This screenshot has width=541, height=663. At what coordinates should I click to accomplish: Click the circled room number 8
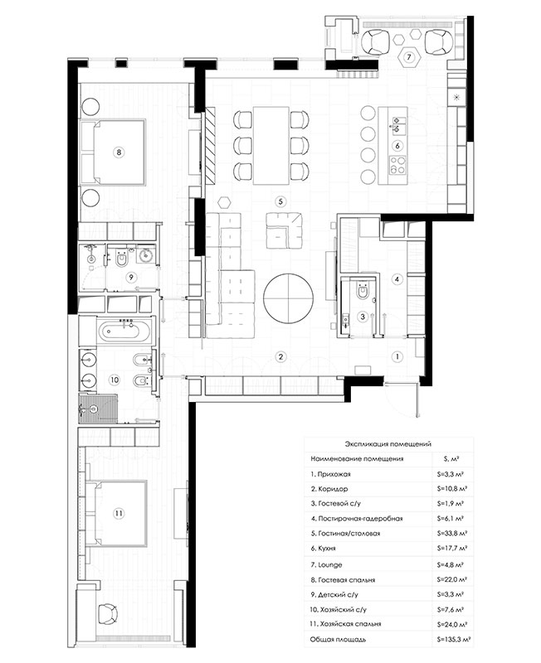(119, 152)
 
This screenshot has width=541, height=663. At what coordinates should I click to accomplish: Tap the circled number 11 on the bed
(119, 513)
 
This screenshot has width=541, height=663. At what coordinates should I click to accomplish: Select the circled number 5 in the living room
(280, 201)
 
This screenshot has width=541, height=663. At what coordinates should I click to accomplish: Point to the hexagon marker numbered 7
(409, 56)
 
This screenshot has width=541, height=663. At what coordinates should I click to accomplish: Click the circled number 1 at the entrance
(397, 356)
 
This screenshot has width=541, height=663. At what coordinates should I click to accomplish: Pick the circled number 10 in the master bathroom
(115, 380)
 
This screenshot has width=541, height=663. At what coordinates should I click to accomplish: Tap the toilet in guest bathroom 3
(363, 292)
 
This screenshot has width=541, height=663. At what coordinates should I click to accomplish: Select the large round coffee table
(288, 298)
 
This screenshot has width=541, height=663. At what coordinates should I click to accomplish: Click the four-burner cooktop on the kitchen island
(397, 165)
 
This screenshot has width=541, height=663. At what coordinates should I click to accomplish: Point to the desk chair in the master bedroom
(108, 614)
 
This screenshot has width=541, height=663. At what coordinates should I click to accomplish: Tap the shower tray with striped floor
(97, 409)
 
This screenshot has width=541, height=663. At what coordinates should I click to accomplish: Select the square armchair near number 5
(284, 230)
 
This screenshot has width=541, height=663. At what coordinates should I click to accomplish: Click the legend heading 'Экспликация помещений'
(387, 444)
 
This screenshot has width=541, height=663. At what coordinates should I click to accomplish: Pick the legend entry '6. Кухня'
(323, 548)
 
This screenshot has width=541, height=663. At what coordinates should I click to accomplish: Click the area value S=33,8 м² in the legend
(452, 533)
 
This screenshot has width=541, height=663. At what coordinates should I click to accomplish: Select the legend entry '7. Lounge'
(326, 565)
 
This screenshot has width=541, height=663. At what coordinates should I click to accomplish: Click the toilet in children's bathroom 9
(121, 259)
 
